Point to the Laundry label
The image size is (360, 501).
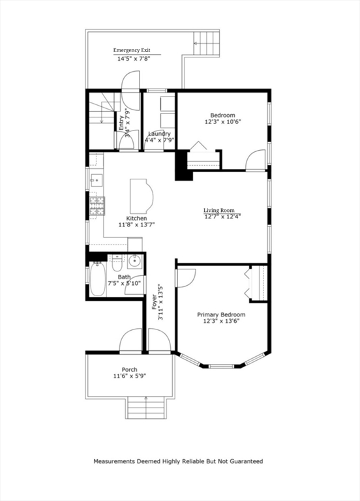(159, 134)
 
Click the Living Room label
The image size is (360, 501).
(218, 210)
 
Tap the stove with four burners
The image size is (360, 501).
(97, 206)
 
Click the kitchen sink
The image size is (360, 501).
(95, 179)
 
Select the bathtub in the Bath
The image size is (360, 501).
(97, 279)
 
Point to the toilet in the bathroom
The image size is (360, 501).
(117, 264)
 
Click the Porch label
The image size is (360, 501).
(129, 369)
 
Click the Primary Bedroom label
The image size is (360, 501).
(221, 314)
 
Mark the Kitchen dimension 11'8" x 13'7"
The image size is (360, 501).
(136, 225)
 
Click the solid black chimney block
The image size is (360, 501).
(181, 166)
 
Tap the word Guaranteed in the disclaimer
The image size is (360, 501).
(245, 461)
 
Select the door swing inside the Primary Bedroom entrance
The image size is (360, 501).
(185, 275)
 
